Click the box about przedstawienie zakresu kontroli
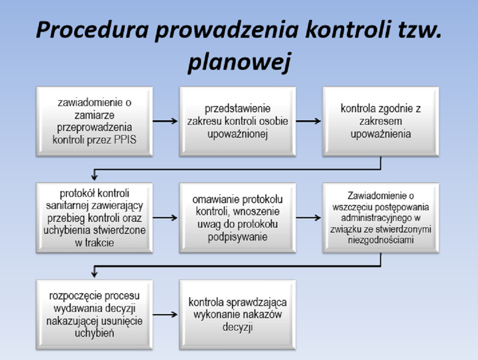pyautogui.click(x=237, y=121)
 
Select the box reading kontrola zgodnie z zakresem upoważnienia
pyautogui.click(x=380, y=121)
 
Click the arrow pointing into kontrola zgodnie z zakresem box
pyautogui.click(x=308, y=121)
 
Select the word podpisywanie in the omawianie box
pyautogui.click(x=237, y=237)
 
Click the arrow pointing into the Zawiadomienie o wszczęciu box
pyautogui.click(x=308, y=218)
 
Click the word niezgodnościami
pyautogui.click(x=380, y=240)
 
